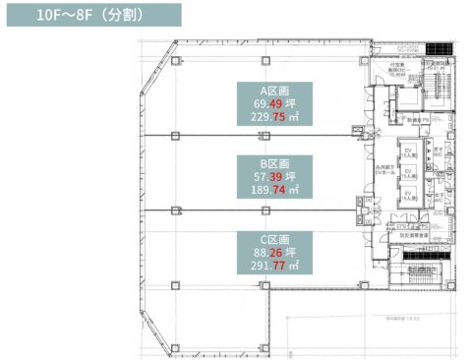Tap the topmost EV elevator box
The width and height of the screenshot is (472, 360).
407,152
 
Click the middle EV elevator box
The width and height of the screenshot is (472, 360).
407,175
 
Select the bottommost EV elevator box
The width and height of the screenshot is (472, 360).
407,195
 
